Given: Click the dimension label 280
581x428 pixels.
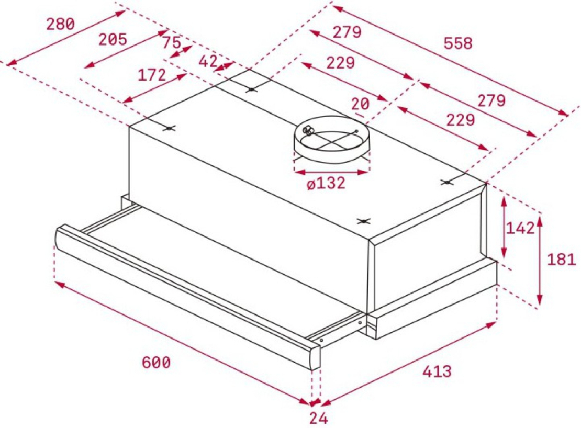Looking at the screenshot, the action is [60, 24].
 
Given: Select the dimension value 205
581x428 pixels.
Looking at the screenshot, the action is [113, 39].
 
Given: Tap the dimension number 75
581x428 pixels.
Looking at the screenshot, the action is [172, 42].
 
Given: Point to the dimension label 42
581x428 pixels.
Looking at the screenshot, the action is [208, 61].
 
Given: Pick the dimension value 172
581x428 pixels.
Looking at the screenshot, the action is [152, 75].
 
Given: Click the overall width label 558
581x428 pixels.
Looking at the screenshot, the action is [459, 43].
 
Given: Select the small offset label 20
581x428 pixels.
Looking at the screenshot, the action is [361, 104].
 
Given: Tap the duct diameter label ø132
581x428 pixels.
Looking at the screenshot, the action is [326, 183].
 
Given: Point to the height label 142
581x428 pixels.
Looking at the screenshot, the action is [520, 228].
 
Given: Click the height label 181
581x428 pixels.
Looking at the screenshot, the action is [561, 260].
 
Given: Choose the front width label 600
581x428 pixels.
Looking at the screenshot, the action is [156, 363].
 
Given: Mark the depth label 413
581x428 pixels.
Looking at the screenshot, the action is [437, 371].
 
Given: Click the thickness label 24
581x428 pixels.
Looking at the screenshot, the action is [319, 419].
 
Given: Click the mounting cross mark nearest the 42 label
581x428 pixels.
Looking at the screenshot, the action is [251, 89].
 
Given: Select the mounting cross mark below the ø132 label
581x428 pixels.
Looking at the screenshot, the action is [364, 221].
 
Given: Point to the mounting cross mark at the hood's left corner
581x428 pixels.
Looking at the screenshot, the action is [169, 128].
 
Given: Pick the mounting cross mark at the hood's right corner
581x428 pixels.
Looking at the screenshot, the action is [448, 182].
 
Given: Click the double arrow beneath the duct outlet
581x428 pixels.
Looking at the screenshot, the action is [332, 172].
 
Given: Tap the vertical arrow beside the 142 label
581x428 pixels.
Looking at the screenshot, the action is [504, 227].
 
